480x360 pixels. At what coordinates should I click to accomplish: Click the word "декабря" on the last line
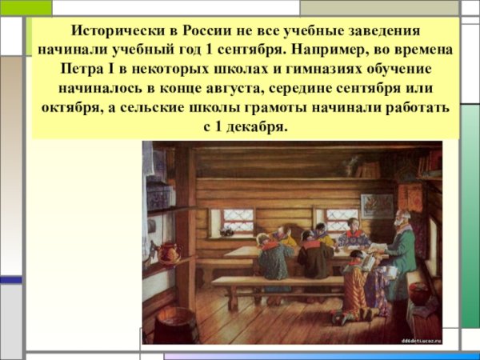[258, 126]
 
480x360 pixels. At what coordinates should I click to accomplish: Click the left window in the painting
[238, 220]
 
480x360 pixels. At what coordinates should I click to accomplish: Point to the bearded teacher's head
[402, 218]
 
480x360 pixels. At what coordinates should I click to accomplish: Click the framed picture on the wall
[377, 204]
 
